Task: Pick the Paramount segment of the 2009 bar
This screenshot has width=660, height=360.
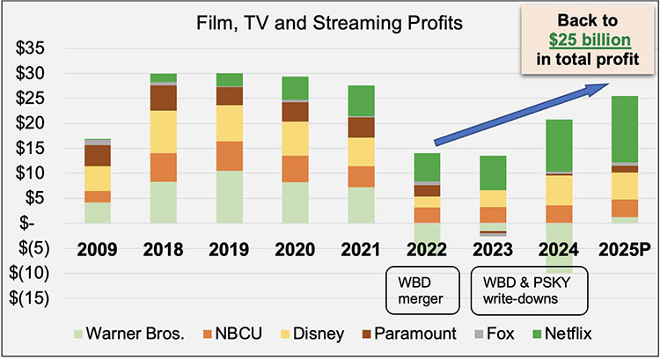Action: (x=98, y=155)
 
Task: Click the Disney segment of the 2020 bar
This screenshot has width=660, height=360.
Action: (x=296, y=138)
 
